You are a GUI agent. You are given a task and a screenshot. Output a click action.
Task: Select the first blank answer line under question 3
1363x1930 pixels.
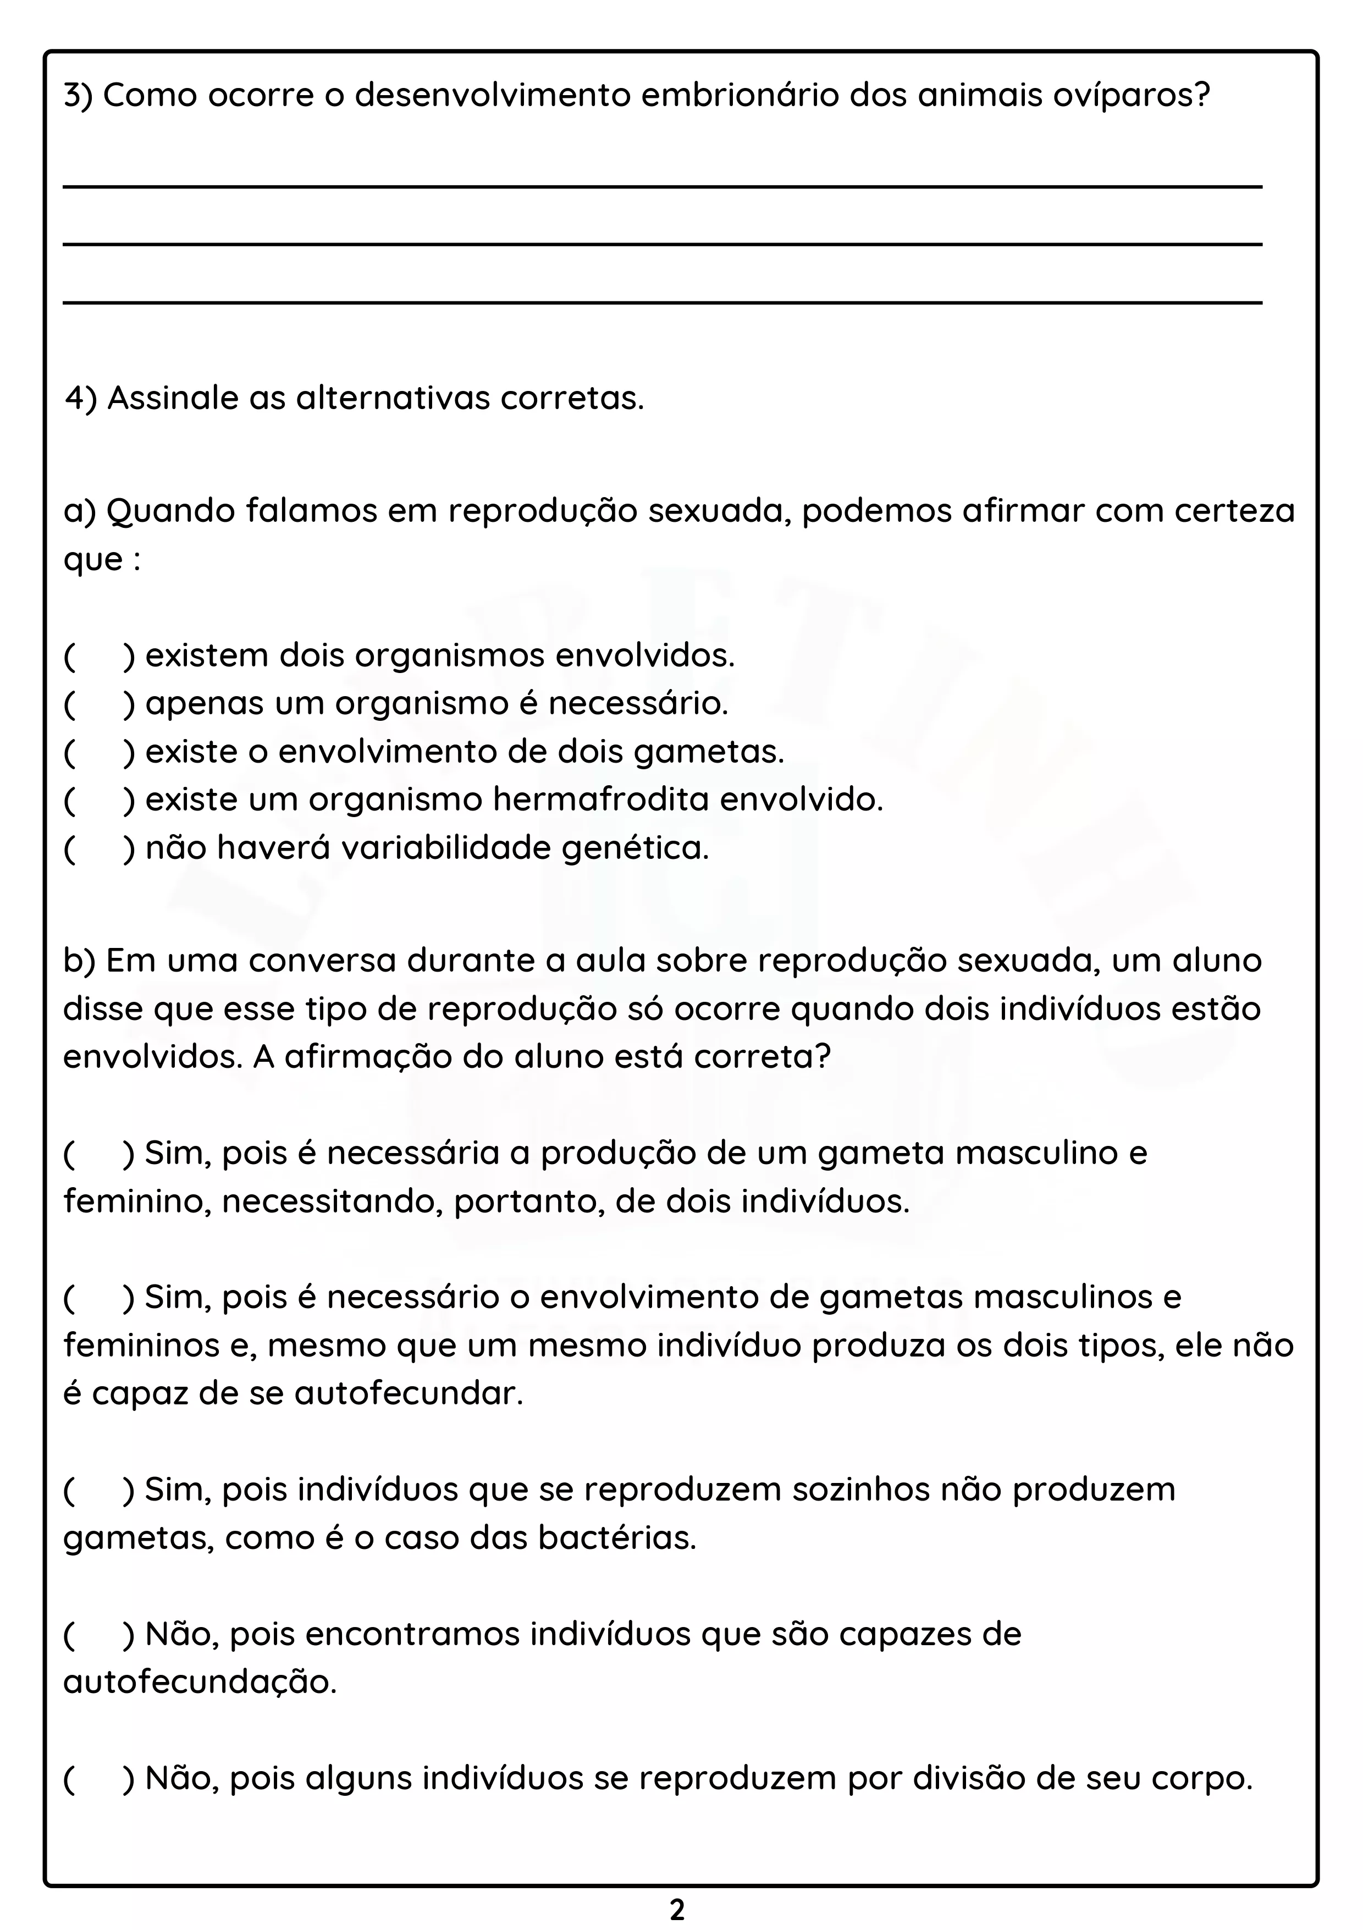coord(662,186)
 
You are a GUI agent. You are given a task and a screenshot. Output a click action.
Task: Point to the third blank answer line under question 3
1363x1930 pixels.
coord(662,302)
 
